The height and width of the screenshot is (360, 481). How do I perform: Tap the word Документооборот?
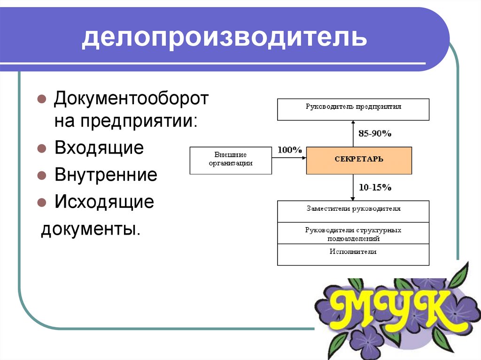click(x=132, y=99)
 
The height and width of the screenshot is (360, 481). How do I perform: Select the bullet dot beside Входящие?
click(x=41, y=149)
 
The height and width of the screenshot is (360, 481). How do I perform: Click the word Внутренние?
click(x=106, y=175)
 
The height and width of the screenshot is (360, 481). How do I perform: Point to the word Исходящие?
click(x=104, y=202)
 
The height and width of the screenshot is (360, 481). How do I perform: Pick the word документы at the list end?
click(x=91, y=229)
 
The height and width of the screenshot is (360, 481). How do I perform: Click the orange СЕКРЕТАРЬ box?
click(x=359, y=161)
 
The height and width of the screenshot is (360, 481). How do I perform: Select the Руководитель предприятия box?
click(x=353, y=109)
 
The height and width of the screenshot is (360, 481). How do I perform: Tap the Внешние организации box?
click(x=231, y=161)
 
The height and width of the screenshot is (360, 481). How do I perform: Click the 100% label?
click(x=289, y=150)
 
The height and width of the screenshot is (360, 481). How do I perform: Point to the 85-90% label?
click(x=375, y=133)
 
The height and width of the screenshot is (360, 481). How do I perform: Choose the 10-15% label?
click(x=375, y=187)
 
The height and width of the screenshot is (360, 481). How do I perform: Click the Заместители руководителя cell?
click(x=353, y=212)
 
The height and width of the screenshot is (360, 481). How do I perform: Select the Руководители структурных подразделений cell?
click(x=353, y=233)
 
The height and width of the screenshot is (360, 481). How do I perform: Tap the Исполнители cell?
click(x=353, y=254)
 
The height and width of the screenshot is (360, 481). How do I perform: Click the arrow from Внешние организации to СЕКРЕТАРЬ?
click(x=289, y=158)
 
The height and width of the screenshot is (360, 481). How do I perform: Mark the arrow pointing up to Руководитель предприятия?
click(x=353, y=134)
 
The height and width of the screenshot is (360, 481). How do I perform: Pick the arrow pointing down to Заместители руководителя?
click(x=353, y=187)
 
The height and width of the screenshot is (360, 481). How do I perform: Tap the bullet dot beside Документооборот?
click(x=41, y=99)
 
